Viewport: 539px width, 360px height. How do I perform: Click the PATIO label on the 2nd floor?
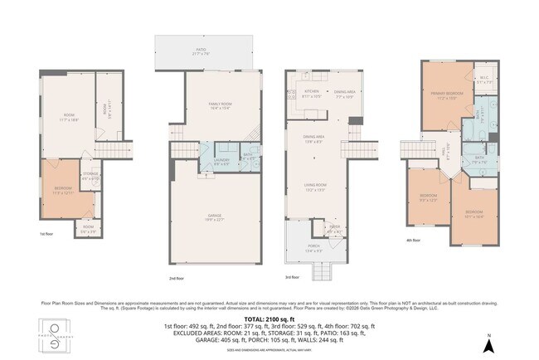click(201, 52)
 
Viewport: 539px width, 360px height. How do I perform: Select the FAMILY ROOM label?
click(219, 105)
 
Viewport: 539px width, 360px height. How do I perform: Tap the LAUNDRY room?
click(221, 162)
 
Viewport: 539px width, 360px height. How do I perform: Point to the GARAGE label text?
click(215, 217)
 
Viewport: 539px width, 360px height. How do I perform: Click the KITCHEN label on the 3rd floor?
click(312, 94)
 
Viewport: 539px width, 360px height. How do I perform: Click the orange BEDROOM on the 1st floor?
click(63, 191)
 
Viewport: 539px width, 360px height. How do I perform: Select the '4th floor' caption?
click(412, 241)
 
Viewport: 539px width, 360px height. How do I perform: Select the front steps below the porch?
click(321, 270)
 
